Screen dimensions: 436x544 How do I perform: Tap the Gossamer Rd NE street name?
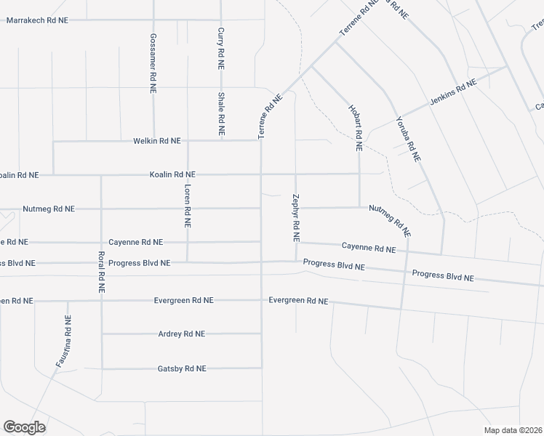(153, 63)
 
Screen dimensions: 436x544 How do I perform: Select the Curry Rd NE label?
(221, 49)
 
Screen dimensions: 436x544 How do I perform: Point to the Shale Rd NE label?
(221, 115)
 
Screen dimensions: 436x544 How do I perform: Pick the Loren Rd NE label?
(188, 207)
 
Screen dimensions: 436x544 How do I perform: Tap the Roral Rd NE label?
(101, 272)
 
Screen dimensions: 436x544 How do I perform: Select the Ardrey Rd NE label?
(182, 334)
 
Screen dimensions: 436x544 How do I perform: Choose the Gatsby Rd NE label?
(182, 369)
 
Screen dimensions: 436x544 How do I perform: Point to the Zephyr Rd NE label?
(296, 217)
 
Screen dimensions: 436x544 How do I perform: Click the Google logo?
(24, 427)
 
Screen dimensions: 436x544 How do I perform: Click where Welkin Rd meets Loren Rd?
(188, 141)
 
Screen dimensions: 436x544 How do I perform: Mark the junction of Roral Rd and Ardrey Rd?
(102, 334)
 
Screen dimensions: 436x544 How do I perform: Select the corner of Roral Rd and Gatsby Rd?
(102, 369)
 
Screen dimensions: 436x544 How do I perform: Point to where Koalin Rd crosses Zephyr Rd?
(296, 174)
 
